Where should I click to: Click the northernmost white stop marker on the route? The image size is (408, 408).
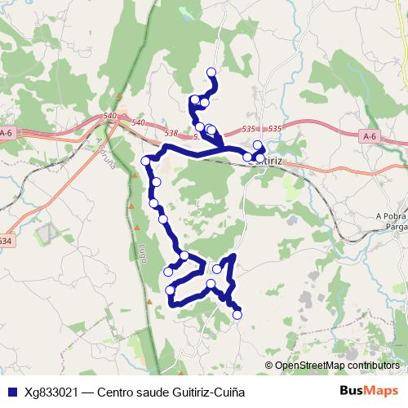click(x=212, y=73)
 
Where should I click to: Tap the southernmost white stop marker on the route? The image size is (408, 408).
click(x=237, y=314)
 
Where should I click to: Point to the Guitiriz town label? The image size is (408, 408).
click(x=264, y=162)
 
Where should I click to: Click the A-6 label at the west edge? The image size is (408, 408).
click(x=7, y=133)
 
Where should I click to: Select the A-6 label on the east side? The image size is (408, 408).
click(x=370, y=136)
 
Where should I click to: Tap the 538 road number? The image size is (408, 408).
click(x=171, y=132)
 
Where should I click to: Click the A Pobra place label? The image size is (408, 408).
click(x=391, y=215)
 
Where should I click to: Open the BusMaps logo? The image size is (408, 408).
click(x=370, y=391)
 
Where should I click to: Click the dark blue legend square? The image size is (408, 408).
click(x=11, y=392)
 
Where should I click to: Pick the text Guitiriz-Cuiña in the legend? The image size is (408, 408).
click(x=206, y=392)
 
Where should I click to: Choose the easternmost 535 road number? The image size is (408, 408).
click(x=274, y=129)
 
